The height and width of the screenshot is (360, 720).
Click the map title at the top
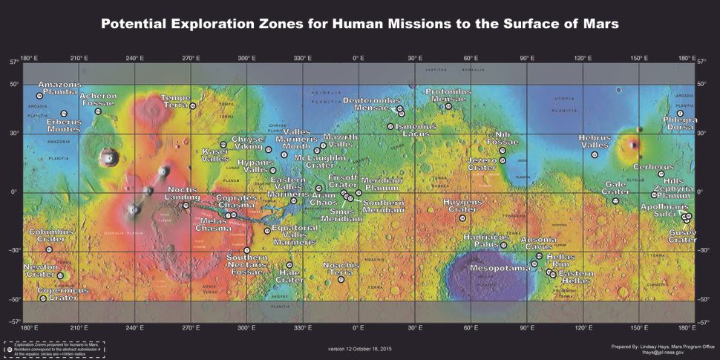(359, 24)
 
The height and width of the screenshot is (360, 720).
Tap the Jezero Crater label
(487, 164)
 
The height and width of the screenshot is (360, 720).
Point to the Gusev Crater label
(682, 236)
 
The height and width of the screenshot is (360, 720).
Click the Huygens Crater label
(462, 206)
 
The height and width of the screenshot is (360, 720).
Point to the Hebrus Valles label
(595, 142)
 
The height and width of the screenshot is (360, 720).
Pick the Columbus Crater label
(51, 236)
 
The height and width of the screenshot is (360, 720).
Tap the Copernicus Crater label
(63, 294)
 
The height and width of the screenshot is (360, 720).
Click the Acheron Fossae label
(98, 100)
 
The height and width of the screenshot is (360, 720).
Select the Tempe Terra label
(176, 102)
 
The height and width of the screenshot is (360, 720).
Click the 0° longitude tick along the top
(358, 57)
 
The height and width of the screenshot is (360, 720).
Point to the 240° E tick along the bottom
(134, 327)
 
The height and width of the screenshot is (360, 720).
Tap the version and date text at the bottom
(359, 348)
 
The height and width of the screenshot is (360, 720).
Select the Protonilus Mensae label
(448, 95)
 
